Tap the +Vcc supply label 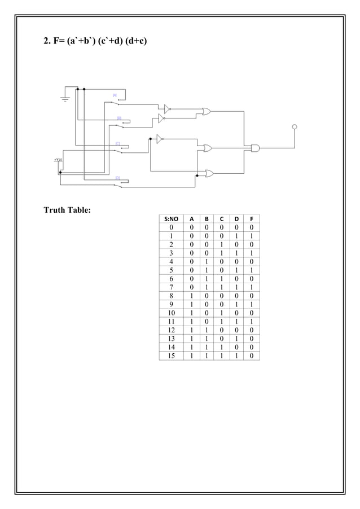click(58, 160)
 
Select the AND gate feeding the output click(255, 148)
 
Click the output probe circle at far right click(294, 126)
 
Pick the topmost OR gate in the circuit click(207, 112)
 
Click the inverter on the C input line click(160, 138)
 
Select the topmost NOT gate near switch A click(167, 107)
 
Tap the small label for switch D click(117, 178)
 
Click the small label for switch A click(115, 95)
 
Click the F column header click(251, 219)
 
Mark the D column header click(236, 219)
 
